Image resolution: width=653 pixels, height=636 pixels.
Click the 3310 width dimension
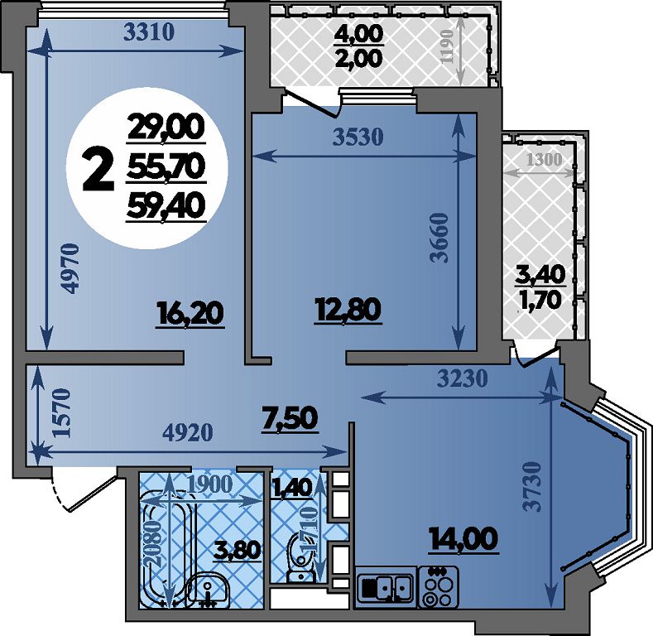coord(149,31)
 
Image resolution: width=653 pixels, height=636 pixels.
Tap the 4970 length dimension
coord(70,268)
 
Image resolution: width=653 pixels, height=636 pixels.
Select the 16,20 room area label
coord(190,314)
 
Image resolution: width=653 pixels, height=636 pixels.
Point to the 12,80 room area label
coord(348,311)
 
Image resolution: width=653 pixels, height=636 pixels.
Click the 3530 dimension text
coord(358,137)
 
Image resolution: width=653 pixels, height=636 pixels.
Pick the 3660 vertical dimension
coord(439,238)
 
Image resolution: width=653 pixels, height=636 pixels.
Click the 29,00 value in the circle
coord(166,128)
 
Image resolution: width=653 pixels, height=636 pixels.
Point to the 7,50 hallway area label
coord(290,419)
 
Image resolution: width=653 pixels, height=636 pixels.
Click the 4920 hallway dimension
coord(187,432)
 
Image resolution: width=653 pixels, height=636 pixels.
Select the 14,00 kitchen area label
coord(463,539)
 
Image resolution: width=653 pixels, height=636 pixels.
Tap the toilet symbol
coord(300,558)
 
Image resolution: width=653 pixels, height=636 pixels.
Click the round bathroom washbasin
coord(208,588)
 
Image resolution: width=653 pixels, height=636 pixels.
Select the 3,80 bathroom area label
coord(237,550)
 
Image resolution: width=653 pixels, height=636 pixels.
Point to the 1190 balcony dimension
coord(446,46)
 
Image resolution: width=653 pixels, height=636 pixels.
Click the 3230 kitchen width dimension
coord(463,378)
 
